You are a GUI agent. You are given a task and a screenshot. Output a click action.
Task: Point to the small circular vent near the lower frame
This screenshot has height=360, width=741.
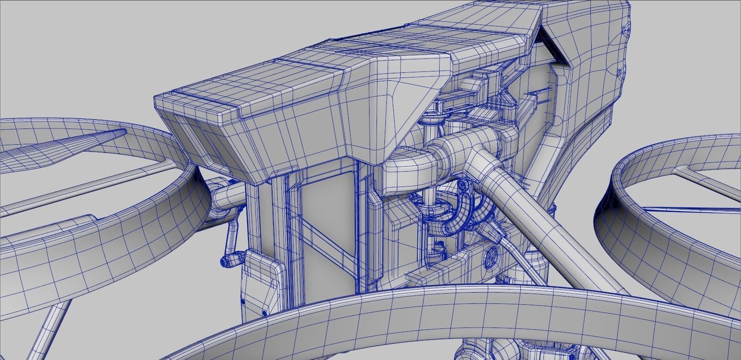coord(491,255)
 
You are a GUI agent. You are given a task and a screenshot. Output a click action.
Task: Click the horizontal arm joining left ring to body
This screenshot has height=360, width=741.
coord(227,195)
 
